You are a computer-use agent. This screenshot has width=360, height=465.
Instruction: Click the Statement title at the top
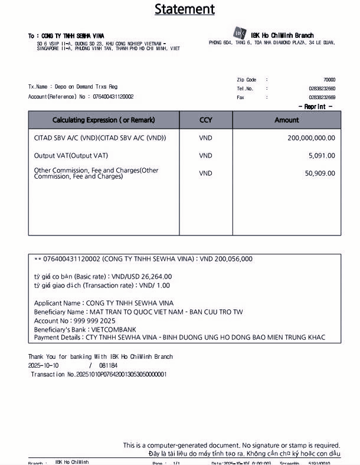click(x=185, y=9)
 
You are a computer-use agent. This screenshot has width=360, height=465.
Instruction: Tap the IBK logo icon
click(x=240, y=34)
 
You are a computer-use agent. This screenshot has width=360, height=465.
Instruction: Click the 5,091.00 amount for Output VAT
click(x=322, y=156)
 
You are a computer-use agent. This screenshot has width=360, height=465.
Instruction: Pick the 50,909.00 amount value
click(x=320, y=173)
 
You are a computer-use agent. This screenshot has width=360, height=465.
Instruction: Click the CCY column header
click(x=205, y=120)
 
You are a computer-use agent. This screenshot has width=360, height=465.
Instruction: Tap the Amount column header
click(x=287, y=120)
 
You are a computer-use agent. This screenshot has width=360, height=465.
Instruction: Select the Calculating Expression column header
click(x=104, y=120)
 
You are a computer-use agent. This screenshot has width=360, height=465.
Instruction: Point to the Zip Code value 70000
click(x=329, y=80)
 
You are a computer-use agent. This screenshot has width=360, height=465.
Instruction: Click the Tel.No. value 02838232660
click(x=322, y=89)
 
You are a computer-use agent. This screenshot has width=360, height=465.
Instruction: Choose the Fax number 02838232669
click(x=322, y=97)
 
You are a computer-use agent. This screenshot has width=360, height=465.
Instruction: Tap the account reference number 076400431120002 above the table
click(x=113, y=97)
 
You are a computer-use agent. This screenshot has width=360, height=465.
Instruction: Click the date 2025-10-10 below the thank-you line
click(x=44, y=366)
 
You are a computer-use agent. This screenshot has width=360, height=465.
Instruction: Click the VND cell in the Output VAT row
click(x=205, y=156)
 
